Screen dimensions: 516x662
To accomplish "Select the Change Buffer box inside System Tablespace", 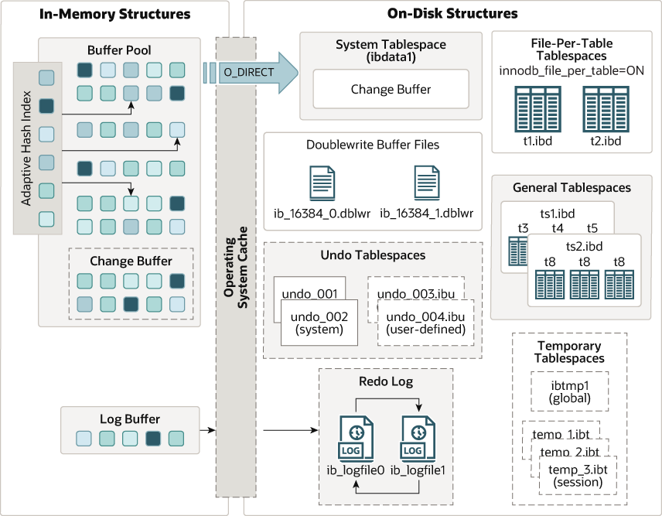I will tap(391, 89).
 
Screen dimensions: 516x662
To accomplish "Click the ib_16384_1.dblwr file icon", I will tap(426, 183).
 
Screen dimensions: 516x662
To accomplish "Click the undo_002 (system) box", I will tap(319, 323).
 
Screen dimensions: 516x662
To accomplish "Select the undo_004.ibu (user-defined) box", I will tap(425, 323).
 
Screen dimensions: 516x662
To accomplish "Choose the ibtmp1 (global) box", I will tap(570, 391).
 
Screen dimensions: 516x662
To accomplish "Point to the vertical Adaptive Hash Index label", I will tap(26, 149).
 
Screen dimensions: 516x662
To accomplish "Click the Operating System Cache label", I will tap(235, 267).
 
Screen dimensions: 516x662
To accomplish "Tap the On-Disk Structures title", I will tap(452, 13).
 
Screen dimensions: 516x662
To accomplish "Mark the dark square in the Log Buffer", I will tap(153, 439).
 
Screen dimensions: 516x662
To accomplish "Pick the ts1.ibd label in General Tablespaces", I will tap(557, 213).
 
